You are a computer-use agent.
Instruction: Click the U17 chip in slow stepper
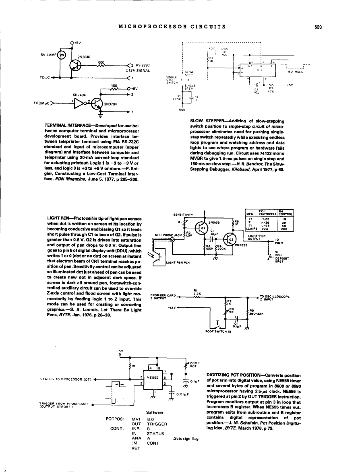click(x=254, y=70)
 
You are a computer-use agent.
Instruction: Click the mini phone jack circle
click(x=172, y=239)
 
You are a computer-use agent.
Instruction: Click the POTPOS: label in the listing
click(x=114, y=419)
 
